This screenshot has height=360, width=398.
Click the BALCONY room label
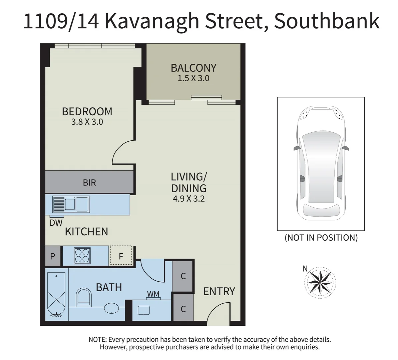(193, 68)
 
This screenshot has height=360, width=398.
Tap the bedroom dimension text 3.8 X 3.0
(87, 122)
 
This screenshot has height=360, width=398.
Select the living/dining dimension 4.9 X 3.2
(188, 198)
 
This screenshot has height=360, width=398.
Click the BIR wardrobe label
(89, 182)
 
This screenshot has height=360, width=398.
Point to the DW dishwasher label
(56, 223)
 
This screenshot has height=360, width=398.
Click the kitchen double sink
(71, 204)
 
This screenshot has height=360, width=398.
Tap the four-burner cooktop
(82, 255)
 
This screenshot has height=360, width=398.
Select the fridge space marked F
(121, 255)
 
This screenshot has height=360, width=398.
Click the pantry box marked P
(53, 256)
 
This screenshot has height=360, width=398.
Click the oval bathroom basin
(111, 308)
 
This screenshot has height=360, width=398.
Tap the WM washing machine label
(153, 294)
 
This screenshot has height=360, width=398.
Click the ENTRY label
(219, 292)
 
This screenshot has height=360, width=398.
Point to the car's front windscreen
(321, 143)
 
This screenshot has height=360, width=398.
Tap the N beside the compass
(305, 268)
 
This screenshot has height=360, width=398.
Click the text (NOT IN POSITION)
(321, 238)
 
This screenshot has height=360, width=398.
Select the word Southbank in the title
(327, 21)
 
